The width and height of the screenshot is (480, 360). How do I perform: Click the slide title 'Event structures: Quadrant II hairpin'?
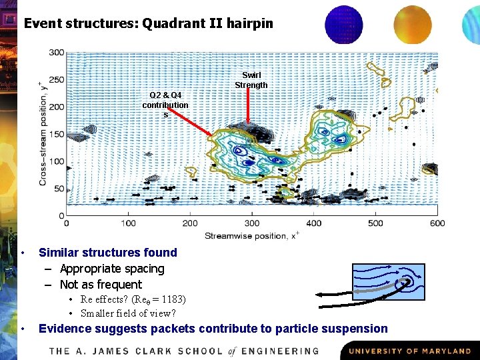tap(148, 23)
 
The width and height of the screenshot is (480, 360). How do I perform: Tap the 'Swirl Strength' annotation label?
tap(251, 80)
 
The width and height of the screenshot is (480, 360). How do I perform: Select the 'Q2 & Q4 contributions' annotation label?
tap(165, 105)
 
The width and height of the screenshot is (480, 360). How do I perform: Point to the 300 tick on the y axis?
tap(57, 53)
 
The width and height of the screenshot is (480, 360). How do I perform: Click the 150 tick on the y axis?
tap(57, 134)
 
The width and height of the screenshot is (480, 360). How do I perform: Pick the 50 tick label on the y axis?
tap(59, 189)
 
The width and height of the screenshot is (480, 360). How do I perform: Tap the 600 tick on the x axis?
tap(437, 223)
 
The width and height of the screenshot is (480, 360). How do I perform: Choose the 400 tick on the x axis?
tap(313, 223)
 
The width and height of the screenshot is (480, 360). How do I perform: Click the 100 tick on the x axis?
tap(128, 223)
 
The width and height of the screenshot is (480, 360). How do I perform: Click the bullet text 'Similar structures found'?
tap(108, 253)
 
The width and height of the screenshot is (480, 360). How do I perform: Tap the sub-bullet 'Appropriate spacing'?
tap(112, 269)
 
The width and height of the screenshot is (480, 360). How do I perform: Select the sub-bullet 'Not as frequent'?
tap(101, 285)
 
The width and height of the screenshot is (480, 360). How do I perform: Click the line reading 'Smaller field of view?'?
tap(128, 313)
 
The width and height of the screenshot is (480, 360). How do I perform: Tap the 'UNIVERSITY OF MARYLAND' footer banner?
tap(409, 351)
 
